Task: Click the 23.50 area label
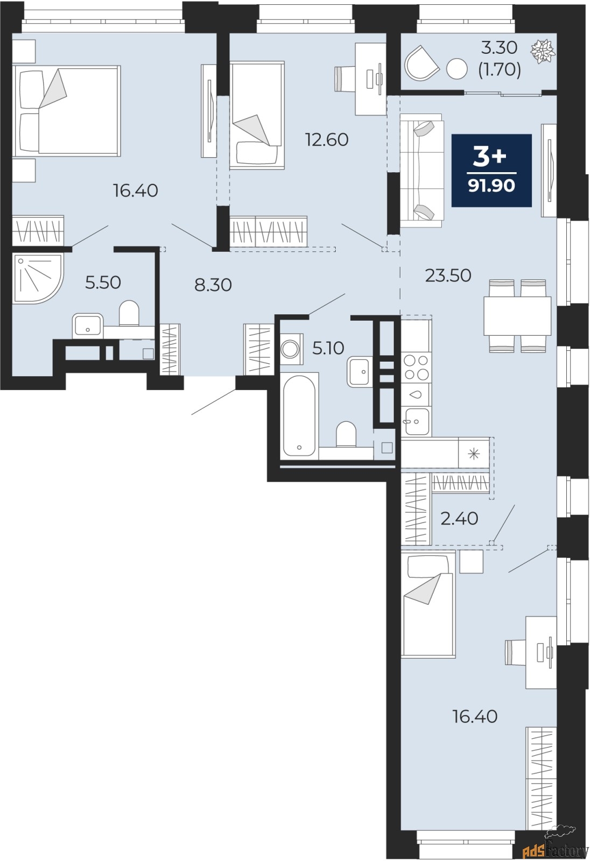448,276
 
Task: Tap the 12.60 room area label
327,140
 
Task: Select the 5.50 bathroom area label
103,282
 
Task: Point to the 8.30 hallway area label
213,285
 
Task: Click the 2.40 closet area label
459,518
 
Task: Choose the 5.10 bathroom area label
328,348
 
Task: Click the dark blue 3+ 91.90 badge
491,170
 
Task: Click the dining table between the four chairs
517,316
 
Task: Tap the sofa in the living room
420,170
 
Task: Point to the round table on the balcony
457,68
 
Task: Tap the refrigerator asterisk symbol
474,454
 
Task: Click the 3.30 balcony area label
499,48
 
